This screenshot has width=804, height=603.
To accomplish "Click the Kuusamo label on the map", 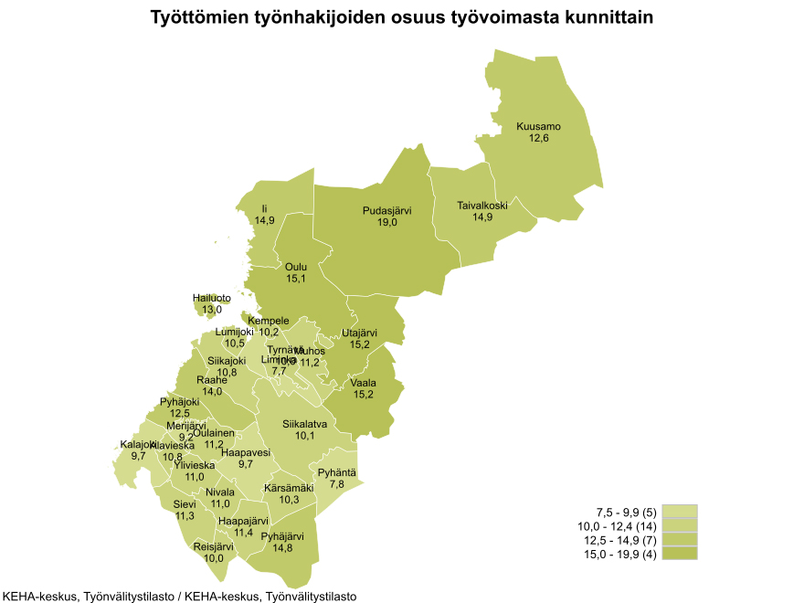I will [x=538, y=126].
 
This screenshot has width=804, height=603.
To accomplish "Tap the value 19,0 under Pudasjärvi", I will [x=387, y=222].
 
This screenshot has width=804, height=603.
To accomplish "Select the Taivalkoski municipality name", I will [x=482, y=206].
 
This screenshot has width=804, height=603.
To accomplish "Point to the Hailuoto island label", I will [x=212, y=298].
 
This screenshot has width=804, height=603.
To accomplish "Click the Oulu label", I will [x=296, y=267].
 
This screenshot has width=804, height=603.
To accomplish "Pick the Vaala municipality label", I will [x=363, y=383].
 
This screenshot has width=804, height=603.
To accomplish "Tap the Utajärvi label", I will [x=359, y=333].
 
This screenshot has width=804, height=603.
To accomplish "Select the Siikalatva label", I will [x=305, y=424].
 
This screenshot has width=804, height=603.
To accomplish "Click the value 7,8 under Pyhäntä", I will [x=336, y=483].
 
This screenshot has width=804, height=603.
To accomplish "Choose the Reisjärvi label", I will [x=214, y=546].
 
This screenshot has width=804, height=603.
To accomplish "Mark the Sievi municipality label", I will [x=185, y=503].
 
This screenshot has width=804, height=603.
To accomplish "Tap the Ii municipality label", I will [x=265, y=209].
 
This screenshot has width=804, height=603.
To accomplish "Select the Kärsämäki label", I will [x=289, y=488].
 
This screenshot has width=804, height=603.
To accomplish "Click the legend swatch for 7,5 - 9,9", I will [x=680, y=512].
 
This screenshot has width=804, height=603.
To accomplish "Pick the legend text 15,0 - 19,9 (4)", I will [x=619, y=555].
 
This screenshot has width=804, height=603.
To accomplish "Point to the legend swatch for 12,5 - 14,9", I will [x=680, y=540].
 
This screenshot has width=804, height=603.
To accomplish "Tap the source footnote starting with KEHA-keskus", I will [x=179, y=596].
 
